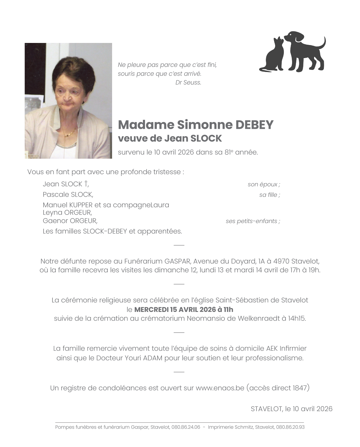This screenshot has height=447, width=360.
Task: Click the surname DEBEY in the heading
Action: pyautogui.click(x=254, y=125)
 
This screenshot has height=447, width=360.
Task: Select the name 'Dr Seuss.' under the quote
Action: pyautogui.click(x=188, y=83)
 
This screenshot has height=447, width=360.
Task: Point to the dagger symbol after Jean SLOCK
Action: pyautogui.click(x=86, y=183)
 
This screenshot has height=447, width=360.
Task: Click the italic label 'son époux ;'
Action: pyautogui.click(x=264, y=184)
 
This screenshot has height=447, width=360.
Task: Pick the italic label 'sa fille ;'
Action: pyautogui.click(x=269, y=195)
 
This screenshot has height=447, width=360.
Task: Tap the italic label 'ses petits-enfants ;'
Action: pyautogui.click(x=253, y=221)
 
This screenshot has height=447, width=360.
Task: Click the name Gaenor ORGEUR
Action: pyautogui.click(x=70, y=221)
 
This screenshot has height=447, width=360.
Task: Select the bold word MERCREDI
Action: pyautogui.click(x=151, y=310)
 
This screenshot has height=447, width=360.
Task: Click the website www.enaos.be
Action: pyautogui.click(x=220, y=388)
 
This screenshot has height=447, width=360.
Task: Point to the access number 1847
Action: pyautogui.click(x=300, y=388)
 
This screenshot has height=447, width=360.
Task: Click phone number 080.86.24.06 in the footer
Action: pyautogui.click(x=186, y=427)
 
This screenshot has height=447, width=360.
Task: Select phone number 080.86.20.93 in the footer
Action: pyautogui.click(x=290, y=427)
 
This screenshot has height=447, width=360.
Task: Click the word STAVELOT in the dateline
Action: pyautogui.click(x=266, y=409)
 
